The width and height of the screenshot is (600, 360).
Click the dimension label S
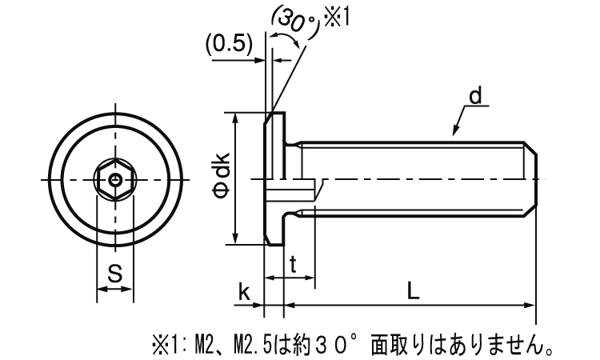[114, 274]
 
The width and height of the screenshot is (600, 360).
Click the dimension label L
[411, 292]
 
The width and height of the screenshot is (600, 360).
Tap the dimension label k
[244, 293]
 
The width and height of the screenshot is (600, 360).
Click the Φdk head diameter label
[222, 179]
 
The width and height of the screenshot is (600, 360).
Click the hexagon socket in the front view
[115, 180]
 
